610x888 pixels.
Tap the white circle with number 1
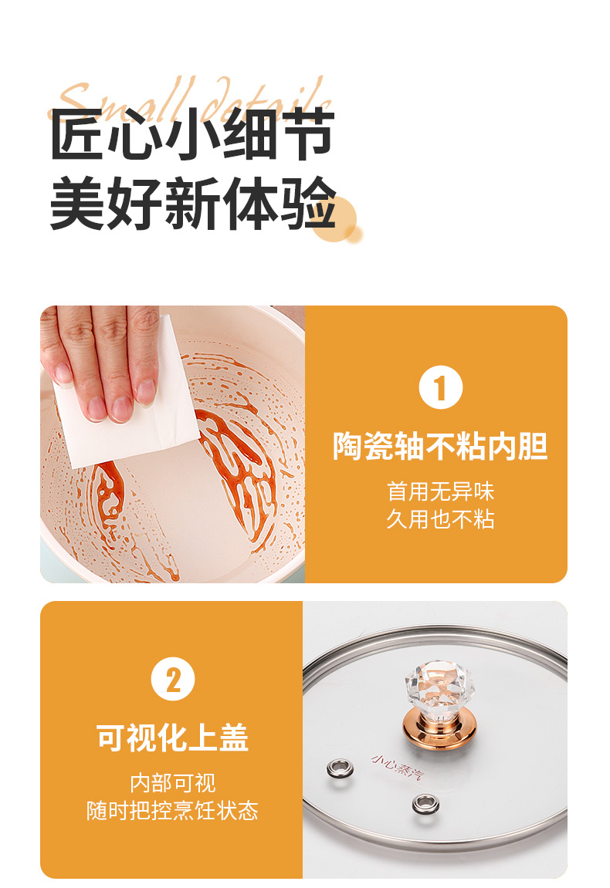point(440,388)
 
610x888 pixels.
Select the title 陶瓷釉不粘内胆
point(440,446)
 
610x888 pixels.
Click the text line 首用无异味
point(440,491)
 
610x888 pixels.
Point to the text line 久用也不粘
point(440,519)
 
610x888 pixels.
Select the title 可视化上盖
point(173,738)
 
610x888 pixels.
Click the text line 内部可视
point(173,783)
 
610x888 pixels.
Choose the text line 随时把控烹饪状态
point(173,811)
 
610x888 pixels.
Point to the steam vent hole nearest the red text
point(337,766)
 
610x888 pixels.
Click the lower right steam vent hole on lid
point(422,803)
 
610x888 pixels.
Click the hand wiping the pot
point(100,355)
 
